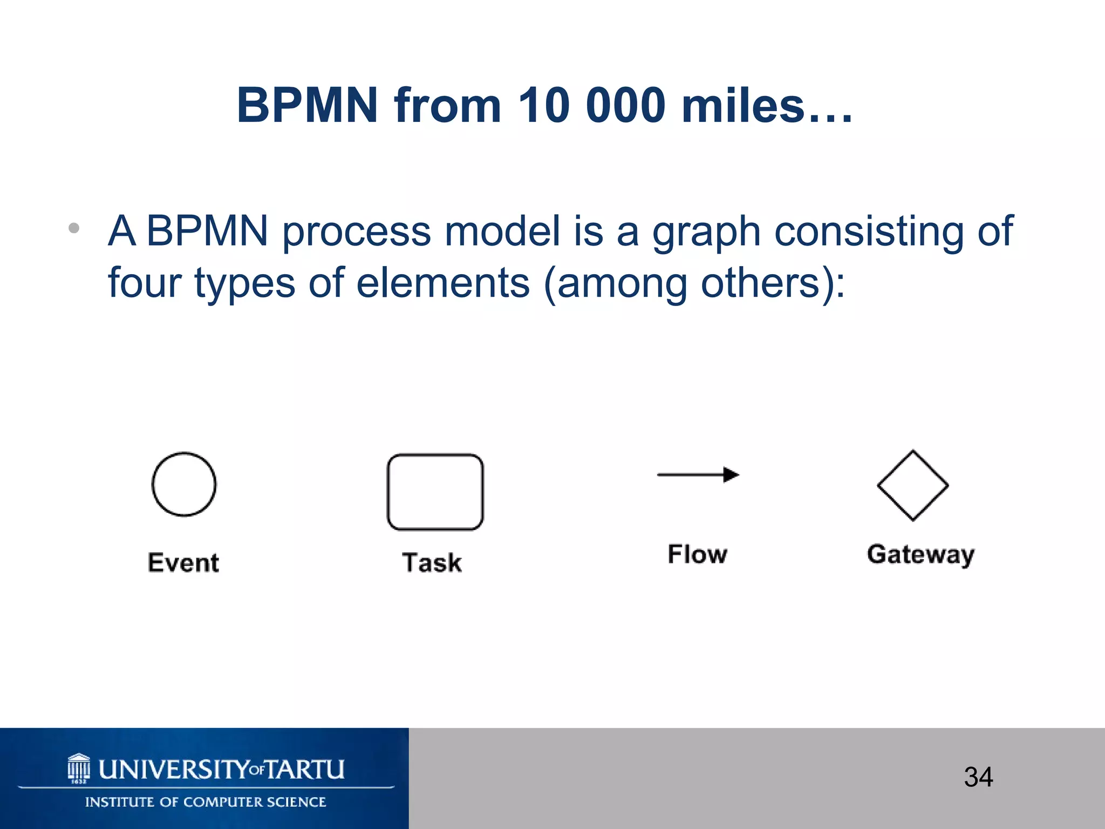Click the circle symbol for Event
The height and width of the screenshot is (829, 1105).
[x=184, y=484]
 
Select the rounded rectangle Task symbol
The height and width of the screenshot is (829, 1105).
[x=435, y=492]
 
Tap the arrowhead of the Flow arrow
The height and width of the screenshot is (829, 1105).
[x=731, y=474]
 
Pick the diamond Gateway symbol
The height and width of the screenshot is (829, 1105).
[x=912, y=485]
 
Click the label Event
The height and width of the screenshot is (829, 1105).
[x=183, y=563]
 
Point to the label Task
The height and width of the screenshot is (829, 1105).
[x=432, y=563]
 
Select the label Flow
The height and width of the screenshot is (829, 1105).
[x=698, y=554]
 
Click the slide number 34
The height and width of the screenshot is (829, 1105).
[x=978, y=777]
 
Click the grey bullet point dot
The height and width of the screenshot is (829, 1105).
[x=74, y=228]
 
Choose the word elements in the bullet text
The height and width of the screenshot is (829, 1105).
[x=443, y=283]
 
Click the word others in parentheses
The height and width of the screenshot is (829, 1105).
[x=761, y=283]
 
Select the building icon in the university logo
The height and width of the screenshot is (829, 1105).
[x=79, y=767]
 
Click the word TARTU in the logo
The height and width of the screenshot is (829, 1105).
[x=305, y=770]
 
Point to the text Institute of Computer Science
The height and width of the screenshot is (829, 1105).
[x=206, y=802]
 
